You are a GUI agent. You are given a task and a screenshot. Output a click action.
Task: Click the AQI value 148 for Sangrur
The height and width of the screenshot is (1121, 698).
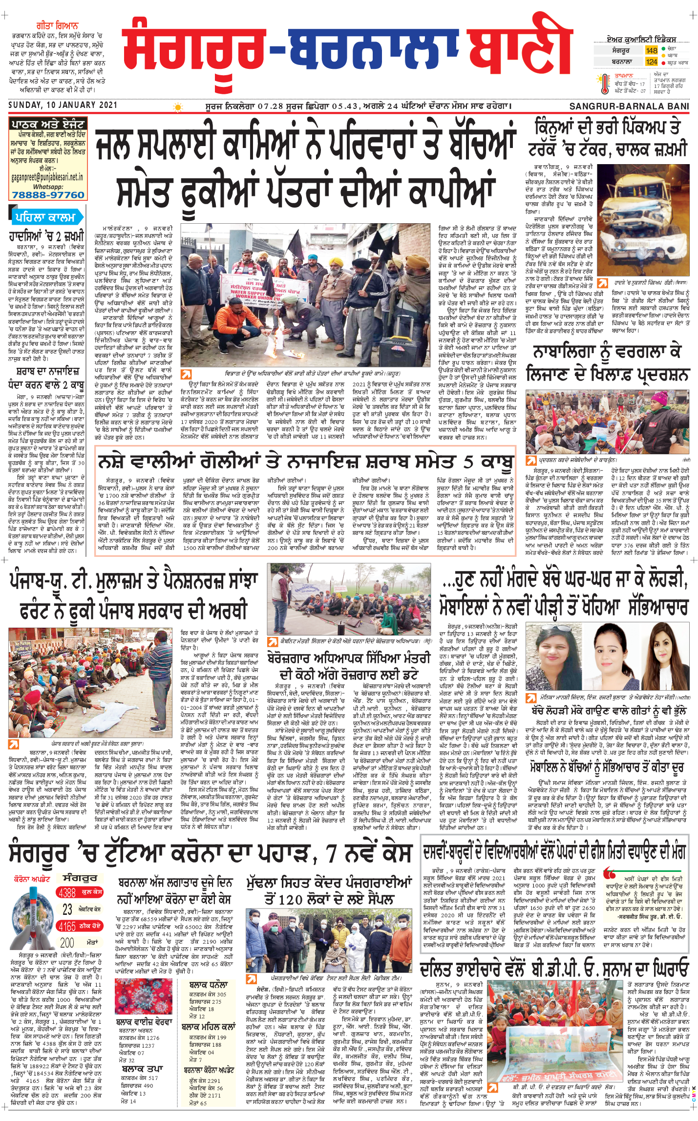(652, 50)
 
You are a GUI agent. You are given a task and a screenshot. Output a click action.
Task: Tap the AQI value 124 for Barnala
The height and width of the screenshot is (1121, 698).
(652, 62)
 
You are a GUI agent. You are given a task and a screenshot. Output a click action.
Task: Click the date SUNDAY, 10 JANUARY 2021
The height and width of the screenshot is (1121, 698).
(63, 105)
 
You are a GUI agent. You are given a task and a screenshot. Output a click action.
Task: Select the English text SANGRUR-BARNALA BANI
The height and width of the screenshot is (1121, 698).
(629, 106)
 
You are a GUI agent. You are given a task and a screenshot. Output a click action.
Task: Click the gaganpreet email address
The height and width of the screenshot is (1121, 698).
(47, 177)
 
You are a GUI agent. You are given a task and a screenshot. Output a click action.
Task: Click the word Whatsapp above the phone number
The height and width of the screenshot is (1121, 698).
(48, 186)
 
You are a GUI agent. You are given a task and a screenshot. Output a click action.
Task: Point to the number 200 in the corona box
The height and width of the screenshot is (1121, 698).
(67, 943)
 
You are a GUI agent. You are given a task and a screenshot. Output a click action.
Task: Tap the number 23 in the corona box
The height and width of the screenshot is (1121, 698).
(67, 909)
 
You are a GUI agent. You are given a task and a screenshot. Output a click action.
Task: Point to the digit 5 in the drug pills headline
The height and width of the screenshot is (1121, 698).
(469, 461)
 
